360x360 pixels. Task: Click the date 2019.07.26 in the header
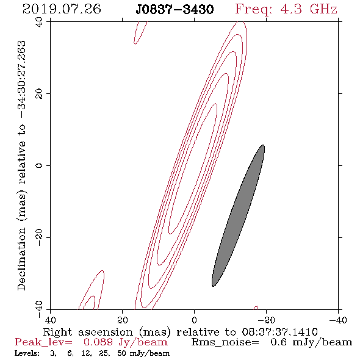62,9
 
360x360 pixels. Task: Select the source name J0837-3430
175,10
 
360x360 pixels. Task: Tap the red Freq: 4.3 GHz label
286,10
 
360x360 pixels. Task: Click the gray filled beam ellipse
238,215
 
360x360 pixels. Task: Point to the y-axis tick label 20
40,94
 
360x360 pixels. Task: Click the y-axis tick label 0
40,165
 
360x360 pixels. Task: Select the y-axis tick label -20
40,237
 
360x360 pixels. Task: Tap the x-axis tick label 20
123,320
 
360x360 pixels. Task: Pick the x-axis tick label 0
194,320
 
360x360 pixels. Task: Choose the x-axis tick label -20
266,320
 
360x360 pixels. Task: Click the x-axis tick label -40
338,320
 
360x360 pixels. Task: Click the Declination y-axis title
21,165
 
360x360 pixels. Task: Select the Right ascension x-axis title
180,332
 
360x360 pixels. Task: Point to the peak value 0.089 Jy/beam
125,342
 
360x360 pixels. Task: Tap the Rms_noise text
225,342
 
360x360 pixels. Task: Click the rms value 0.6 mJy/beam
311,342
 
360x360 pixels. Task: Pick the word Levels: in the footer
27,353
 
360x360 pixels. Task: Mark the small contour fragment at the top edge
140,33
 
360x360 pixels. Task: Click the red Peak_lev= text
43,342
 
